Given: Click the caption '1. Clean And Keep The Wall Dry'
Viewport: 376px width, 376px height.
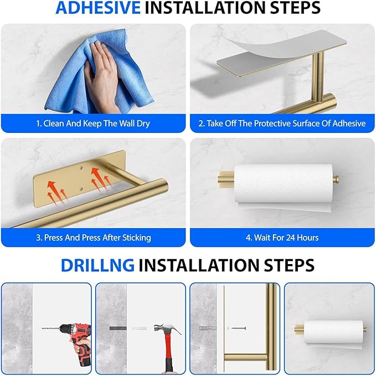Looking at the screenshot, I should click(93, 123).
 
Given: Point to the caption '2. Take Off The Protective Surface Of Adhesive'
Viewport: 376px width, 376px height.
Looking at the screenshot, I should click(282, 123).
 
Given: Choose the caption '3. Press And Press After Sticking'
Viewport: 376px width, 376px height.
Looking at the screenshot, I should click(93, 238).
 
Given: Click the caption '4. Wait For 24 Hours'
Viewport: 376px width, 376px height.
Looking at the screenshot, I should click(282, 238).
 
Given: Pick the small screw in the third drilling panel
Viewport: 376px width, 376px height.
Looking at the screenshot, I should click(236, 328).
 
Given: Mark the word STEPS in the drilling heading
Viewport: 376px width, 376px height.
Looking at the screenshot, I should click(285, 265).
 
